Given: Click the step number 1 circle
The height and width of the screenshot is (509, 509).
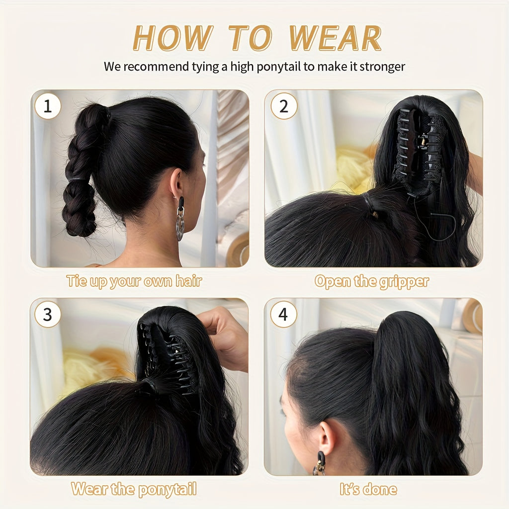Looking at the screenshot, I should tap(48, 106).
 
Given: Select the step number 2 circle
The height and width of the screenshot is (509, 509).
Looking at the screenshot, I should tap(284, 106).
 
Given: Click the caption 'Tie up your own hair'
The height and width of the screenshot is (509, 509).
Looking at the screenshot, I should tap(134, 281).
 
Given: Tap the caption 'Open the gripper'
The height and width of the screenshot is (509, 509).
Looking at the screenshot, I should tap(371, 282).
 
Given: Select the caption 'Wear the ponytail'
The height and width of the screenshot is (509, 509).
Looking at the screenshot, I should tap(134, 489).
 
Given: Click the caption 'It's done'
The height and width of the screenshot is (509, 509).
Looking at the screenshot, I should tap(368, 489).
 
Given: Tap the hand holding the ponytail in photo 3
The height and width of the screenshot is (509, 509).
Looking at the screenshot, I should tap(226, 333).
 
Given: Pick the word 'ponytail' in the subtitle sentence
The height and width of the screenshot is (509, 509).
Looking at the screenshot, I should tap(279, 67).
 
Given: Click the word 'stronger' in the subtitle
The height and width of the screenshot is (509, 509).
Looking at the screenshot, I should tap(382, 67).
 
